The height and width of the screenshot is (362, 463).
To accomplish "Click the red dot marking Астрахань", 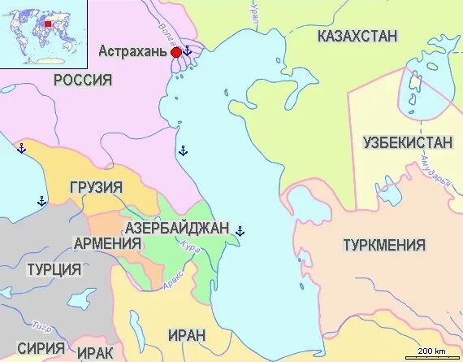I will point(176,52).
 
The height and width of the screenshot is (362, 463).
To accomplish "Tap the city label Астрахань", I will point(133,50).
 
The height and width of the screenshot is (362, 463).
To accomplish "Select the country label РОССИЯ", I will point(83,80).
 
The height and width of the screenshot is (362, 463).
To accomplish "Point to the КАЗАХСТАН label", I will point(358,36).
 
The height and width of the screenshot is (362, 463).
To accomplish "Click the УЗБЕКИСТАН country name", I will point(407,142).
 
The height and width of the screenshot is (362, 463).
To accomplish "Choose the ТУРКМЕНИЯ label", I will point(384,245).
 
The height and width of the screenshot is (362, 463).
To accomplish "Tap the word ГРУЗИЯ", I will point(96,188).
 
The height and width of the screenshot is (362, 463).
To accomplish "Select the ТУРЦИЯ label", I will point(54,269).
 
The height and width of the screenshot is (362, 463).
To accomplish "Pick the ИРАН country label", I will point(187,334).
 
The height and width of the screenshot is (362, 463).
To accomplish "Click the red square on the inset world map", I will point(47,24).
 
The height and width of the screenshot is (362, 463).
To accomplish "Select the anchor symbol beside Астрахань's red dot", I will point(188,51).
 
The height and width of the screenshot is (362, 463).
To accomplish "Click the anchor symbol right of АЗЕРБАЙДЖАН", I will point(240,232).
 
